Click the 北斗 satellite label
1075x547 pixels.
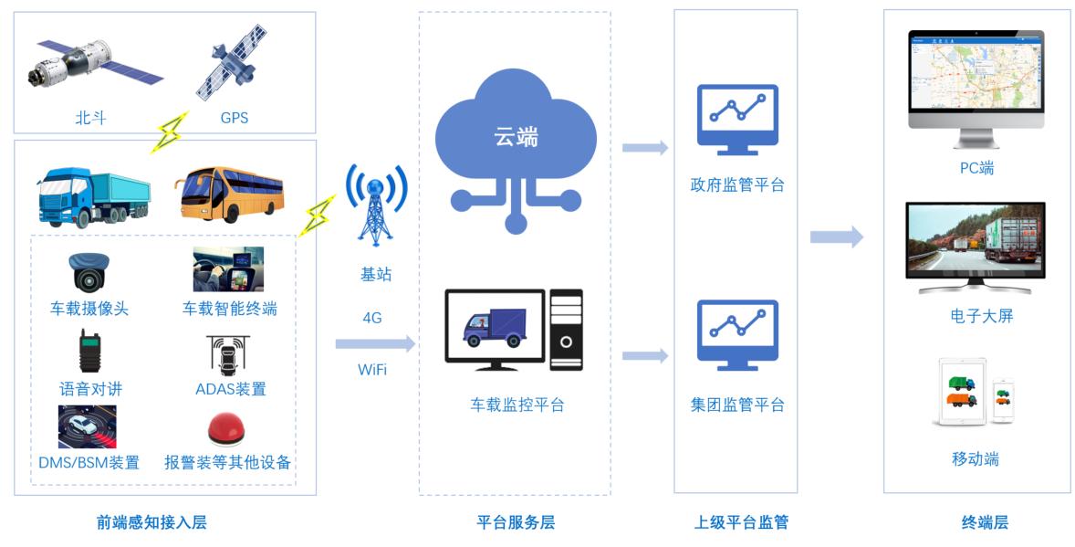(x=89, y=118)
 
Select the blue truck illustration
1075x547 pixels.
(x=92, y=196)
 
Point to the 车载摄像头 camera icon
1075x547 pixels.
(x=89, y=271)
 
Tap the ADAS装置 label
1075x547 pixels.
(x=231, y=389)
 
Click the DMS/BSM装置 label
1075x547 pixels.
(x=89, y=462)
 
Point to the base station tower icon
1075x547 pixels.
(x=375, y=206)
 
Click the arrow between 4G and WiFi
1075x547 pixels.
(x=374, y=344)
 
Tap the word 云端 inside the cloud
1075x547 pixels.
(x=516, y=137)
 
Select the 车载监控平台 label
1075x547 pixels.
(x=517, y=405)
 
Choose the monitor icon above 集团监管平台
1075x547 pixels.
(x=737, y=335)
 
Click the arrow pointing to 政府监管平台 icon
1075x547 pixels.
(x=645, y=148)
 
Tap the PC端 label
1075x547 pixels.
(x=976, y=168)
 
